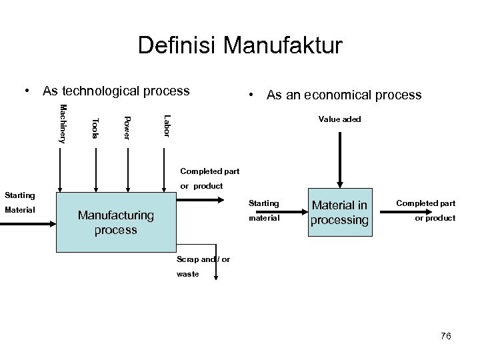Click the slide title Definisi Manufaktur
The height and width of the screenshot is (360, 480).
coord(239,45)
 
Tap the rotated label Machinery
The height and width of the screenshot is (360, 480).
coord(63,124)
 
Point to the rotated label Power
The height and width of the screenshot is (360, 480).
coord(127,127)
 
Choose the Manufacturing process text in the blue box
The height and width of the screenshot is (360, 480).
coord(115,223)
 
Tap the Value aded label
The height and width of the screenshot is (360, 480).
coord(339,119)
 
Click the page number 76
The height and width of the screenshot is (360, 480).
coord(445,337)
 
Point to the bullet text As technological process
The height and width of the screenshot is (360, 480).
coord(115,91)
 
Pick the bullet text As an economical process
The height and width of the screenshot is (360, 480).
coord(343,95)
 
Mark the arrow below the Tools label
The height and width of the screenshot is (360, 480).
coord(96,169)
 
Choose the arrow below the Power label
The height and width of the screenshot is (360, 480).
coord(128,169)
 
